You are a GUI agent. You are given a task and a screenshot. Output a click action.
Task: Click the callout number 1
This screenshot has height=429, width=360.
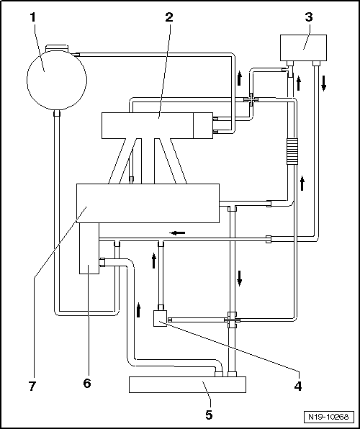click(33, 17)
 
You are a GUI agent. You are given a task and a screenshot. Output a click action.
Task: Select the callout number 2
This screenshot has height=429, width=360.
click(169, 17)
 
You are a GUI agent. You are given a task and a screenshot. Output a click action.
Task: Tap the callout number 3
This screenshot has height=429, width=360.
click(309, 17)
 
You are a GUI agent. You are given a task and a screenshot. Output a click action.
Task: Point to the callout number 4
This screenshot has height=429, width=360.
click(298, 387)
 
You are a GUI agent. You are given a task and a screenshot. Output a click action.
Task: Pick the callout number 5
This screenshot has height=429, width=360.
click(209, 415)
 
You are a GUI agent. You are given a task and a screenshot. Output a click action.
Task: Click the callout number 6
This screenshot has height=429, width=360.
click(87, 384)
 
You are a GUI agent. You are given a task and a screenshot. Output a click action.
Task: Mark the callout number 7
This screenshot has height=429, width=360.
click(32, 387)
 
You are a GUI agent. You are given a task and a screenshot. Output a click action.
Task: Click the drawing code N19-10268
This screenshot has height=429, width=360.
click(328, 417)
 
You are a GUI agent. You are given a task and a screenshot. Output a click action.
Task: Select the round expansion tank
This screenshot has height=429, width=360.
click(57, 80)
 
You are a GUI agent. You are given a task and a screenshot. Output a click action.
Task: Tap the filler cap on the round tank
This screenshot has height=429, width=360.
click(56, 48)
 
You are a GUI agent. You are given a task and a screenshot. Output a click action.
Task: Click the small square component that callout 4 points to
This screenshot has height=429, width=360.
click(161, 318)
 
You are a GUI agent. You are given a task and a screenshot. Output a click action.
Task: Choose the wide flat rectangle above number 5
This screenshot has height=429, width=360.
click(187, 384)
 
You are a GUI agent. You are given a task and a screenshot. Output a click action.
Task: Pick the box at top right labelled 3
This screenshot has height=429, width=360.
click(303, 48)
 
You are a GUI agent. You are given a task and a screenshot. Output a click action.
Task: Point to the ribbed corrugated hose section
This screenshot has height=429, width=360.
click(292, 151)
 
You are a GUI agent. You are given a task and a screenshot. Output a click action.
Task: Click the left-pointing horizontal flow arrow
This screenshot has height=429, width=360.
click(177, 233)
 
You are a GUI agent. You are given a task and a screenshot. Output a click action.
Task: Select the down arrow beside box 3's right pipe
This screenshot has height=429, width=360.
click(323, 83)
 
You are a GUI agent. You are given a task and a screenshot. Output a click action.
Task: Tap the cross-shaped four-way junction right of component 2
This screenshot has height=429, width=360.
click(251, 100)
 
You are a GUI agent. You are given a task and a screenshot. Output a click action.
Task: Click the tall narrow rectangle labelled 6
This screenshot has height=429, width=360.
click(89, 248)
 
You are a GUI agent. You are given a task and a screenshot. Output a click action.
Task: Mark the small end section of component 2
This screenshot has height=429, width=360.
click(203, 125)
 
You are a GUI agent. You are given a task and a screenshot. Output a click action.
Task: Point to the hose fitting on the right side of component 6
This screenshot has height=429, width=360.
click(102, 262)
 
